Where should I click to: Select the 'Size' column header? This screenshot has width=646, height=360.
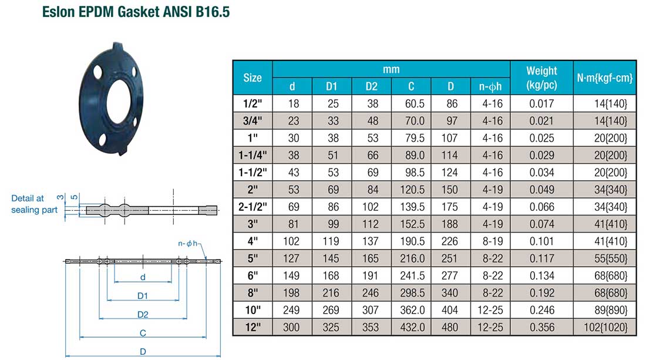[253, 78]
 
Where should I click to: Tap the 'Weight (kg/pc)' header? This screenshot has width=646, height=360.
[541, 78]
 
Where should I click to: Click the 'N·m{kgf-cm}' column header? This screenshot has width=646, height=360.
[605, 78]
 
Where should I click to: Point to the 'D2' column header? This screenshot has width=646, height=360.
[371, 86]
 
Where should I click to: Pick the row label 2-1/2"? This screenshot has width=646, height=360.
[253, 206]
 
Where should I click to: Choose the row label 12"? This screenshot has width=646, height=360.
[253, 327]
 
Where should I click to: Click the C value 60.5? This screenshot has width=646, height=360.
[411, 103]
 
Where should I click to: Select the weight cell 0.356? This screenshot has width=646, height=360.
[541, 327]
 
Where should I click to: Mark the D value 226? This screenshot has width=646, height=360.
[450, 241]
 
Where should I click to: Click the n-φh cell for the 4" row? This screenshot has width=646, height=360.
[490, 241]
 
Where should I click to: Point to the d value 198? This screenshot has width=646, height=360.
[292, 292]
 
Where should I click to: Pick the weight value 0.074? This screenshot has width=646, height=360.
[541, 224]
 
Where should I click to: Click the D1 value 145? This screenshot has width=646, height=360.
[332, 258]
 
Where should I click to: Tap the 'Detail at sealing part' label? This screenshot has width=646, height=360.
[35, 204]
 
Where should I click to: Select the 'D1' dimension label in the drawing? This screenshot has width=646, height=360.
[143, 295]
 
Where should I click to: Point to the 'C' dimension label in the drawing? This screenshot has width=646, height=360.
[143, 333]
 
